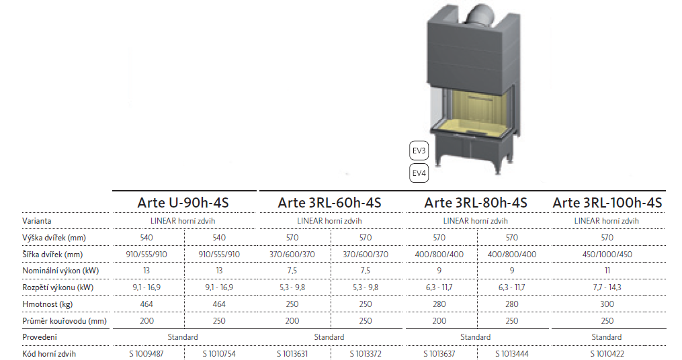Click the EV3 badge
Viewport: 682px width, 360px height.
point(419,151)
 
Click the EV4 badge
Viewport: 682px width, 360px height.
point(419,173)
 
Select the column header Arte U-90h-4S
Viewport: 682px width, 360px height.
point(183,203)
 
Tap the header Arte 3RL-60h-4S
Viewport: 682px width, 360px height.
point(330,203)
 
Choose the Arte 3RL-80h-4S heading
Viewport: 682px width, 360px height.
point(476,203)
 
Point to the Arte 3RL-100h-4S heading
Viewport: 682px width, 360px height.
point(607,203)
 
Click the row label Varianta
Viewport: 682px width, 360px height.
point(36,221)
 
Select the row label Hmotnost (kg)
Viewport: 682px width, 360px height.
point(48,304)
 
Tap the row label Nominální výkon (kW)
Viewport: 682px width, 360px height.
point(60,271)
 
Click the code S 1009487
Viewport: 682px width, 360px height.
point(146,354)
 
